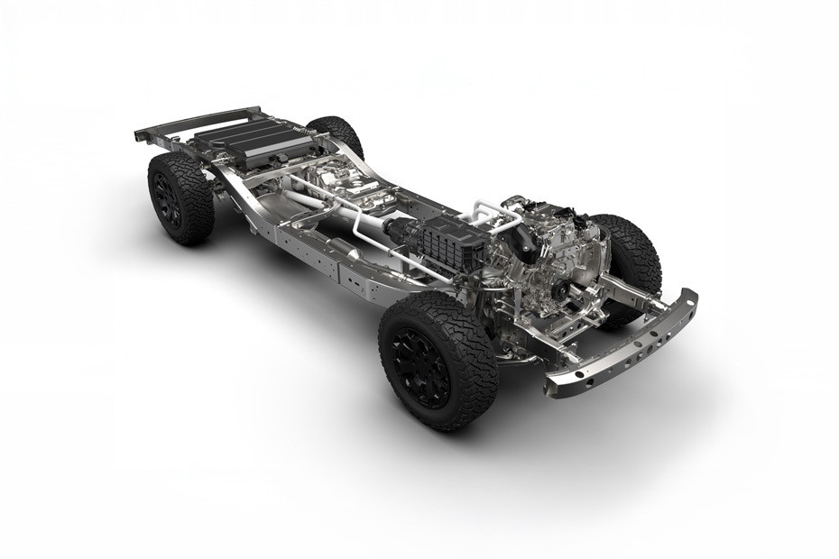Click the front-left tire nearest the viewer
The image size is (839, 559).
click(x=438, y=361)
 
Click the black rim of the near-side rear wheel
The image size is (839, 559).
click(x=169, y=201)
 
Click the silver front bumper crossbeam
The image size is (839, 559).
click(x=622, y=347)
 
